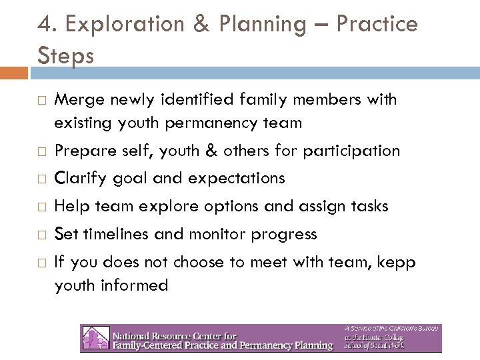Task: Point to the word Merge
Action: click(x=76, y=100)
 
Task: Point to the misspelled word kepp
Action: click(x=397, y=263)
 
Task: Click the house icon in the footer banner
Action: click(x=91, y=338)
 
